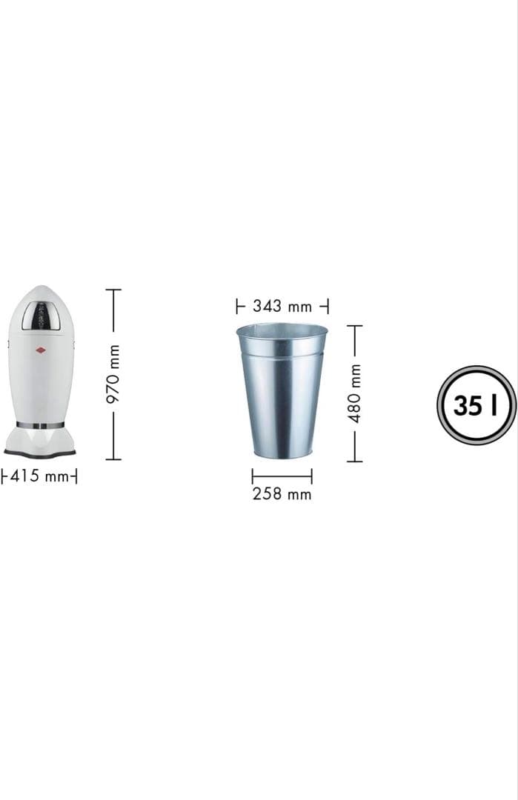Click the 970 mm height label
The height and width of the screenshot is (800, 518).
113,373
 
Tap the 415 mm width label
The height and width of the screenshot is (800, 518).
39,476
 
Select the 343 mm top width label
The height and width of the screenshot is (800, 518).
282,306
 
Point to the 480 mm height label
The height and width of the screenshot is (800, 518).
355,393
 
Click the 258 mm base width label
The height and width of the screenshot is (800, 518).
282,494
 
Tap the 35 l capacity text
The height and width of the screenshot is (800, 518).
475,406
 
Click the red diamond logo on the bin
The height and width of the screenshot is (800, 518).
39,350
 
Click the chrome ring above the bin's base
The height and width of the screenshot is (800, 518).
40,424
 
